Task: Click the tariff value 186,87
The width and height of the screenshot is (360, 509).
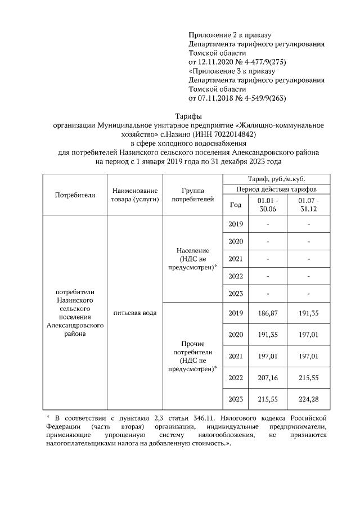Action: tap(268, 313)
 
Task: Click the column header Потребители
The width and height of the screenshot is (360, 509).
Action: tap(75, 195)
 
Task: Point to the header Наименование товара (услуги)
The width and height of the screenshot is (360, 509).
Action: tap(134, 195)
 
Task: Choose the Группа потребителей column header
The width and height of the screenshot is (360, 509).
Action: tap(192, 195)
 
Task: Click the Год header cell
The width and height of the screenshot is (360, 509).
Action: tap(236, 205)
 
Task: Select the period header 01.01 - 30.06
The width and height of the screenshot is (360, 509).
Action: tap(268, 205)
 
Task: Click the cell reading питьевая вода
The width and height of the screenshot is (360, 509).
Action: tap(134, 312)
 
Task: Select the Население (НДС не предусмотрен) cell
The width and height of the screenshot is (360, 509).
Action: tap(192, 259)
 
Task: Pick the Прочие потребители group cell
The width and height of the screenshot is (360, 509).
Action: tap(192, 356)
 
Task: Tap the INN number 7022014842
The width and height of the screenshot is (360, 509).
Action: tap(230, 134)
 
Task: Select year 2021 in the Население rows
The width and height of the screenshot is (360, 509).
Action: tap(236, 259)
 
